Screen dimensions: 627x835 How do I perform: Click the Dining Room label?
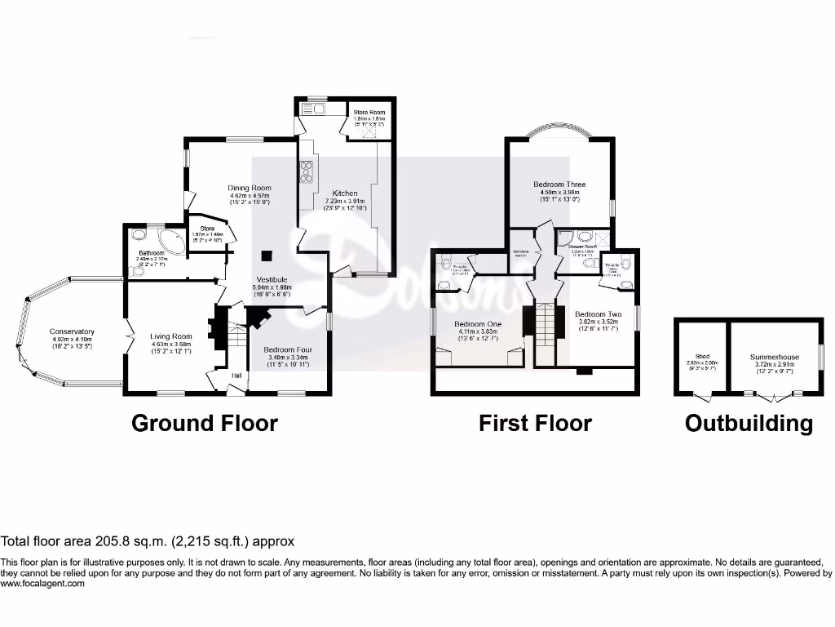point(250,188)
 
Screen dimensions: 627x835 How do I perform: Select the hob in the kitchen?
point(307,174)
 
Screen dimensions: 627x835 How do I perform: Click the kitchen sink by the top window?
point(314,109)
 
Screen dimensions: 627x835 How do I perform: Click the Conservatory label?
point(72,331)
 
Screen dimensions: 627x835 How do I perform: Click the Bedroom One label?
point(477,324)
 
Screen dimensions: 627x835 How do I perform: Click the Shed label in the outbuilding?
point(700,357)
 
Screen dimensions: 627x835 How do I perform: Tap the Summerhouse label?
point(775,357)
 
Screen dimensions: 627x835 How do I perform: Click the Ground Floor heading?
point(204,423)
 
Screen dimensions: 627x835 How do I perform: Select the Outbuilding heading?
point(749,423)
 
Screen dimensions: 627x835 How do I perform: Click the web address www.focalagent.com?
point(42,583)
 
